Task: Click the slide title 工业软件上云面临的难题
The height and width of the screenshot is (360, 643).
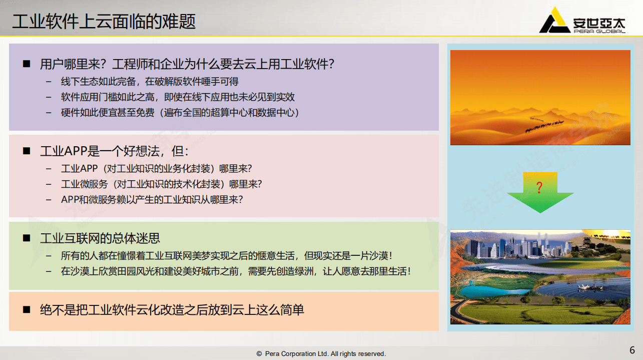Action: pyautogui.click(x=104, y=22)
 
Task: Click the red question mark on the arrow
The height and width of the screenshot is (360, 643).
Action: pyautogui.click(x=539, y=188)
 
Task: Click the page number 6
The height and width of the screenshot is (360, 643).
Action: pyautogui.click(x=632, y=349)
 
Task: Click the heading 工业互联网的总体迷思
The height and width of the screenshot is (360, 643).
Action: pyautogui.click(x=100, y=238)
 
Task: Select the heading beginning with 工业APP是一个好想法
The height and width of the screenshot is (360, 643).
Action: pyautogui.click(x=115, y=151)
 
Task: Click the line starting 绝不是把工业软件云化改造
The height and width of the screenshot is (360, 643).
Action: pyautogui.click(x=172, y=310)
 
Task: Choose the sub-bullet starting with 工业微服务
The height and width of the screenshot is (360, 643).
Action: pyautogui.click(x=161, y=184)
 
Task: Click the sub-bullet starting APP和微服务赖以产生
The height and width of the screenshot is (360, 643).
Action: pyautogui.click(x=152, y=199)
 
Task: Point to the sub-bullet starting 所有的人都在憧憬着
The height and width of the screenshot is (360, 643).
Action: pyautogui.click(x=226, y=256)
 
